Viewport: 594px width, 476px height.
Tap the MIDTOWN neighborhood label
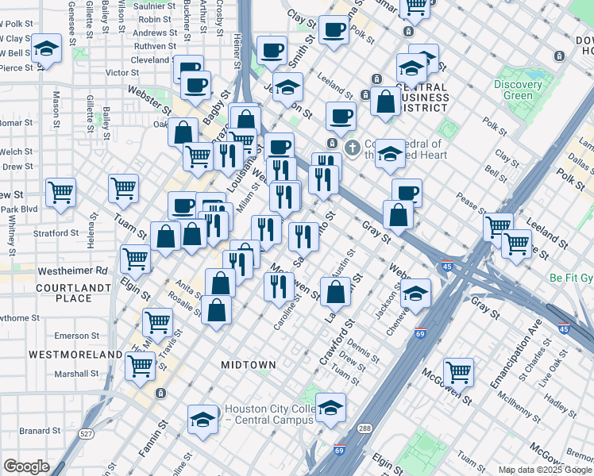coord(249,365)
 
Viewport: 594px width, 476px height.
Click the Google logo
coord(26,466)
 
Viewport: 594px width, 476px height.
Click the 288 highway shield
coord(364,428)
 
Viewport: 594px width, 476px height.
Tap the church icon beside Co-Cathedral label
coord(352,148)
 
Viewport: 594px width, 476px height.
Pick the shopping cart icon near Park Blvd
coord(60,191)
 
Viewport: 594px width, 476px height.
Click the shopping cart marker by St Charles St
coord(458,370)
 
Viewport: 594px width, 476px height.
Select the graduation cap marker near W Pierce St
coord(47,48)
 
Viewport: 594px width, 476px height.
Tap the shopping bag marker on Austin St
coord(337,291)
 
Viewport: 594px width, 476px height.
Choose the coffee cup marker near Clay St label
coord(334,29)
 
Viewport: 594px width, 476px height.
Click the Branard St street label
coord(35,431)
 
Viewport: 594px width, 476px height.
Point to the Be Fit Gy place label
coord(571,279)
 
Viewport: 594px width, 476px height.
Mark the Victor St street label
coord(122,72)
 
